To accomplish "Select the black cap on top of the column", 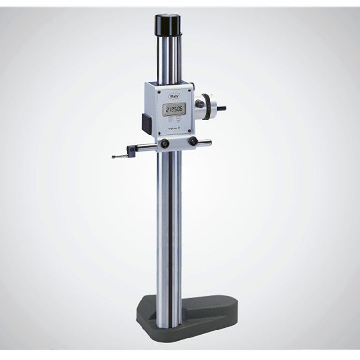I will [x=168, y=22].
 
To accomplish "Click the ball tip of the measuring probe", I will [x=113, y=157].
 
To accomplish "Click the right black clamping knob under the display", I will [x=193, y=142].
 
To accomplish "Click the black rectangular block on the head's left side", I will [x=146, y=122].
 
